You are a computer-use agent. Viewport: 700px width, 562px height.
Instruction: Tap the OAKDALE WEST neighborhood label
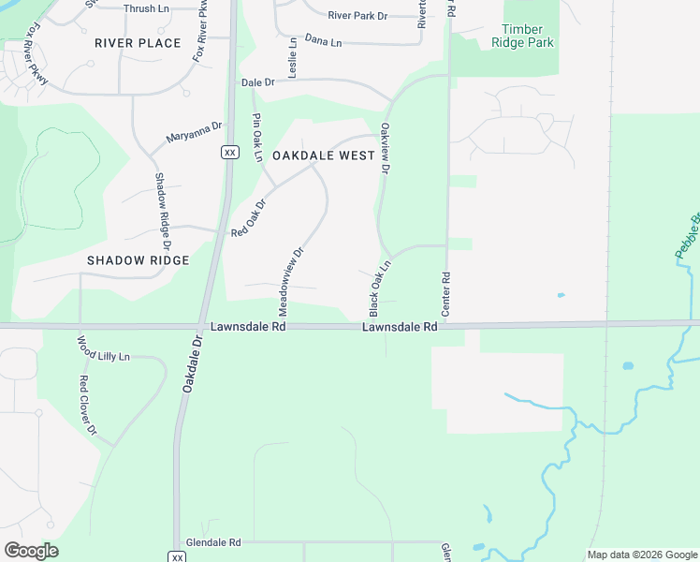324,155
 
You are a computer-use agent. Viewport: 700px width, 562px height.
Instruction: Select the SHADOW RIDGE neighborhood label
139,260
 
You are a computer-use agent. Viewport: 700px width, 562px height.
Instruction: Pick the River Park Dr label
357,15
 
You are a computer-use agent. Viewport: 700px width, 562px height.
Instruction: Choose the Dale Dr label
257,82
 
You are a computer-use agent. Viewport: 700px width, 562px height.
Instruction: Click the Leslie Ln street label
293,57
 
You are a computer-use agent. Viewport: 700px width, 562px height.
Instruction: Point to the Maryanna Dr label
194,133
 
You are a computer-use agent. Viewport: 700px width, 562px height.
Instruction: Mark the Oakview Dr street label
385,149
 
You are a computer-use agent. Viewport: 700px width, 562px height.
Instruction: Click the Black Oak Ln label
378,288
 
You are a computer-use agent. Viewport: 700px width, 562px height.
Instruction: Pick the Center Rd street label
446,292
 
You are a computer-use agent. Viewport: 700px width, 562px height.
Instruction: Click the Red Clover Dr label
88,406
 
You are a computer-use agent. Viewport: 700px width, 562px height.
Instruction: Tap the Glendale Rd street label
213,542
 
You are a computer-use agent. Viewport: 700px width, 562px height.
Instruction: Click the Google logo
31,551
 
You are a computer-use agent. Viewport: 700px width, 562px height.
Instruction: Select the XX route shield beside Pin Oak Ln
229,152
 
